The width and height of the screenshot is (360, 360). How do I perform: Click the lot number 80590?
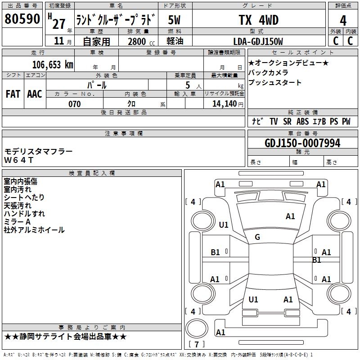tap(22, 19)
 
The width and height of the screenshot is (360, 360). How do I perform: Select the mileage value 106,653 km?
tap(53, 64)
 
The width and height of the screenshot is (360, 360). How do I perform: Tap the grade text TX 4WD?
tap(258, 20)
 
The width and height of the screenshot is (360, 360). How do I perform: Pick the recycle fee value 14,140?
tap(223, 104)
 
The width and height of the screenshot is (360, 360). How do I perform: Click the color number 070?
tap(74, 104)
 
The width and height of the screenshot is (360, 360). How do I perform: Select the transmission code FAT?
tap(13, 94)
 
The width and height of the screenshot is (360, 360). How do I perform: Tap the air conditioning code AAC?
tap(35, 94)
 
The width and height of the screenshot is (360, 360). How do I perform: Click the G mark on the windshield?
tap(257, 237)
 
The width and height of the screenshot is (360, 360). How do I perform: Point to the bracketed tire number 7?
tap(196, 344)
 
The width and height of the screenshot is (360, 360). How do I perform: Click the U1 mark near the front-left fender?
tap(224, 225)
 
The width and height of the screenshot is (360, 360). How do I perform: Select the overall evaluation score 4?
tap(343, 20)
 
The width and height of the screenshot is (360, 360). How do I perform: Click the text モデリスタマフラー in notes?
tap(38, 152)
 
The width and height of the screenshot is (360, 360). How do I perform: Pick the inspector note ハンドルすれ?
tap(24, 214)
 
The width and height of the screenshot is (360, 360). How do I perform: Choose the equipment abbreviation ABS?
tap(302, 121)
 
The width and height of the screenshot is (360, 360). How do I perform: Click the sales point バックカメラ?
tap(268, 72)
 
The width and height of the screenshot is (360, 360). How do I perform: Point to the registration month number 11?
tap(58, 41)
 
